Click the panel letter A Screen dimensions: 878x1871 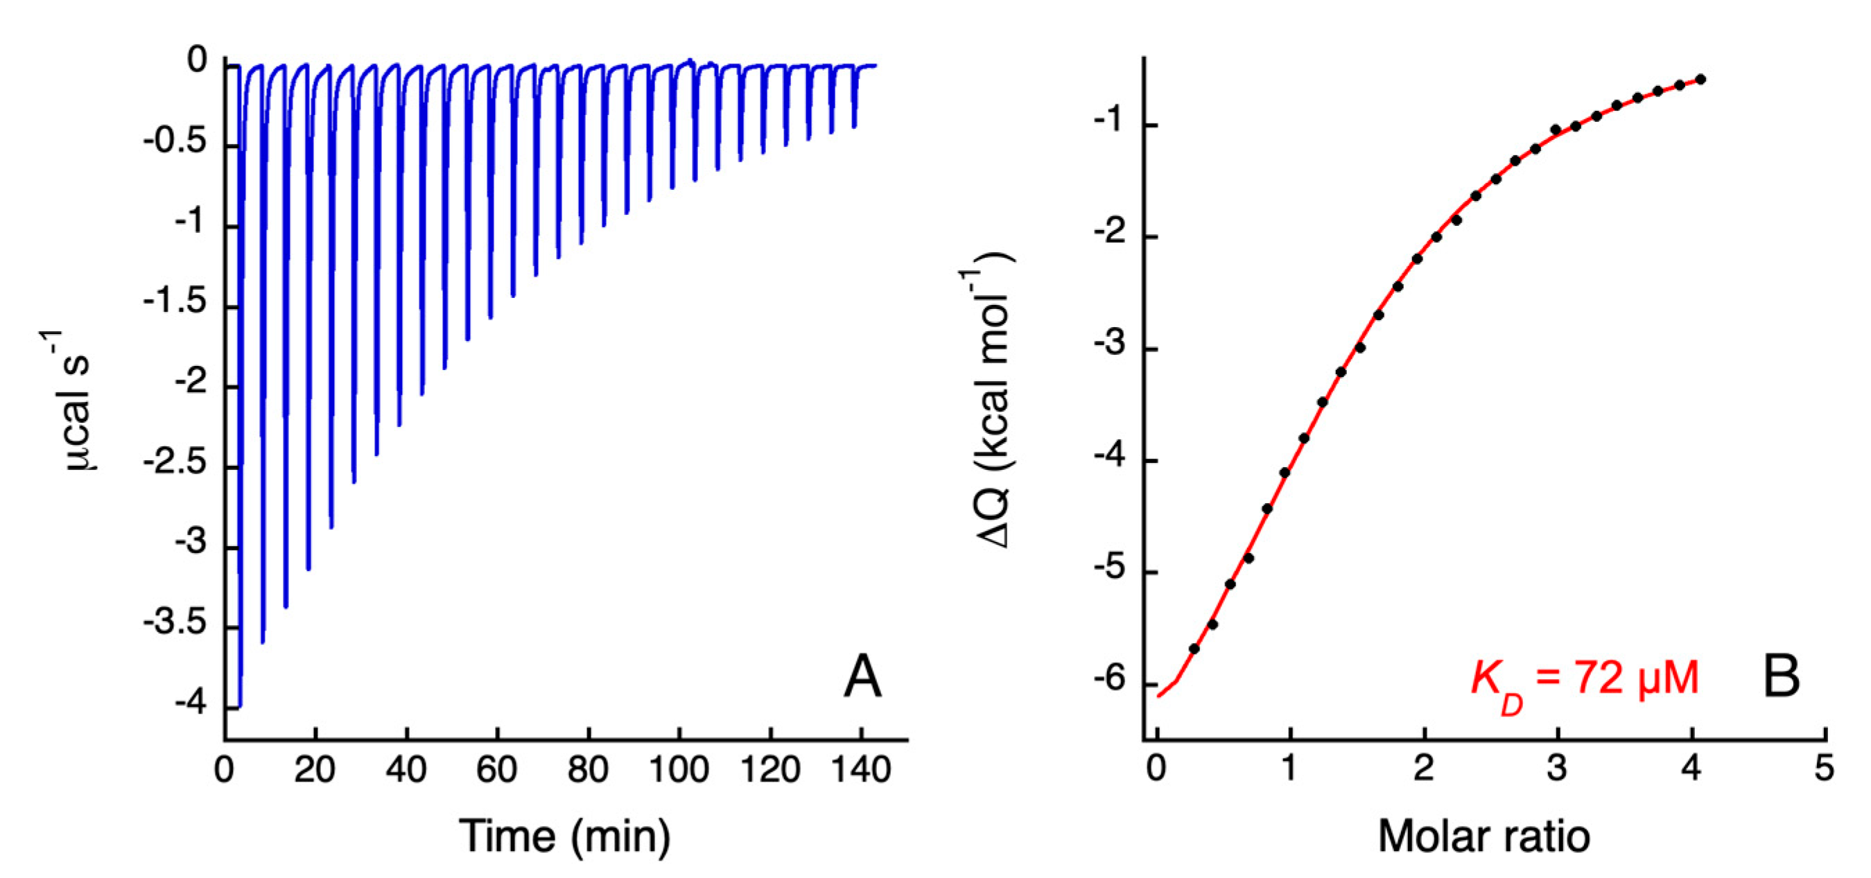863,677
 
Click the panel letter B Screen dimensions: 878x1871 1782,677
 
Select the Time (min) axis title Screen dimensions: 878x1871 564,836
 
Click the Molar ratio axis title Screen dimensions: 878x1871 1484,836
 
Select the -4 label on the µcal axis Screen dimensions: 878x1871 191,703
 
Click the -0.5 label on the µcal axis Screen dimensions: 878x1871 175,141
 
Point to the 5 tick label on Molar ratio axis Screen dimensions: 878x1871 1825,769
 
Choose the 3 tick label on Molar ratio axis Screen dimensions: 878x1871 1556,769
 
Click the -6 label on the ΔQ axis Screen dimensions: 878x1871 1110,680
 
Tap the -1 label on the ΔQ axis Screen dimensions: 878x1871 1110,121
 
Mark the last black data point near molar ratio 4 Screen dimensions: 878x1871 1700,79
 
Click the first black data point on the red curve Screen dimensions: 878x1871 1193,649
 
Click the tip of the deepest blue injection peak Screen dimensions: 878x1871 240,705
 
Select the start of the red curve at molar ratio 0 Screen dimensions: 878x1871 1158,696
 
